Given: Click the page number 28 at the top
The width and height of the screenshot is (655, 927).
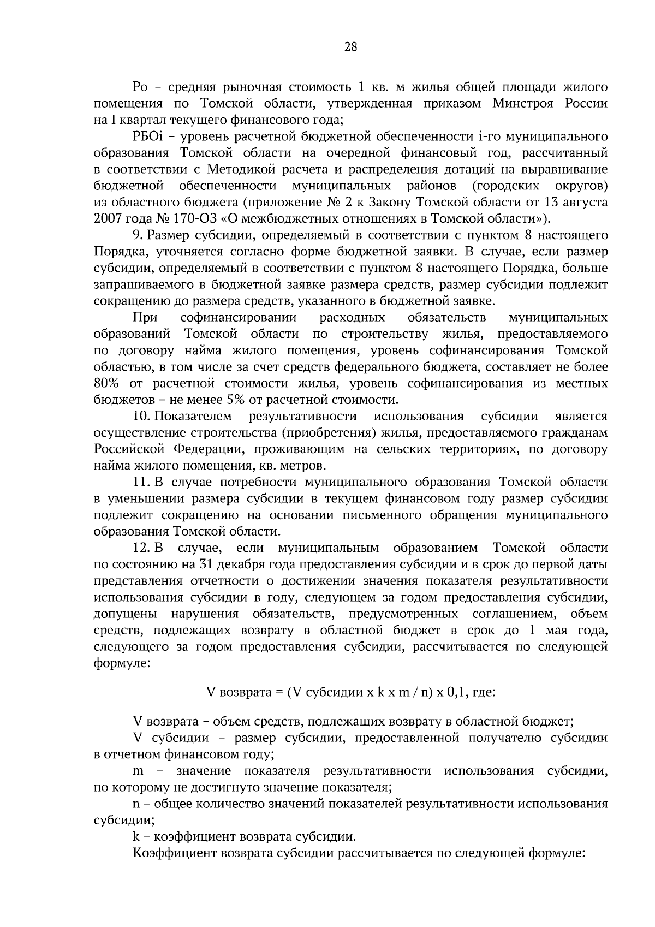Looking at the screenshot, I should pos(350,47).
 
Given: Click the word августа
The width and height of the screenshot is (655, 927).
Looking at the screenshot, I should pos(584,202).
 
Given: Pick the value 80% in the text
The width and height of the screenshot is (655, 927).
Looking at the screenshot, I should pos(106,383).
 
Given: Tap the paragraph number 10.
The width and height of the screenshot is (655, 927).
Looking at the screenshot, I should pos(141,417).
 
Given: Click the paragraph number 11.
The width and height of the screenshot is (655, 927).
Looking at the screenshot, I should pos(141,483).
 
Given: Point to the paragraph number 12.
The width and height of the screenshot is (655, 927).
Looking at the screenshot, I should pos(141,548).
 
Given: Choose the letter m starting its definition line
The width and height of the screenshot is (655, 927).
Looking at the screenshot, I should pos(138,771).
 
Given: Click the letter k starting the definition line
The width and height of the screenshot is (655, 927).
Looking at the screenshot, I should pos(136,836).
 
